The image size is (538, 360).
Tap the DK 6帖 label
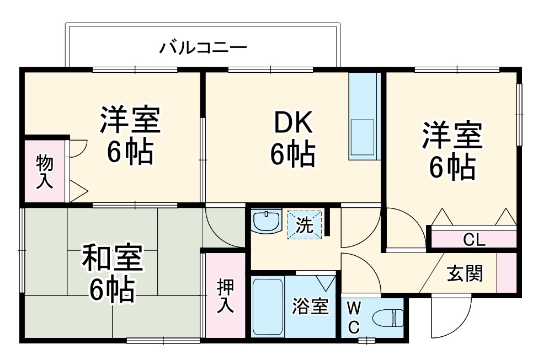292,141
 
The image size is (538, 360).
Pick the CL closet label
473,240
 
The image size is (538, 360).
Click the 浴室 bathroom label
311,307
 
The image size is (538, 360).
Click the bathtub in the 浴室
268,307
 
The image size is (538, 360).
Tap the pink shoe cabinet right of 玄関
506,273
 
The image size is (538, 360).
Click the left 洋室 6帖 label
130,135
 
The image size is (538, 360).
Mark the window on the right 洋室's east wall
519,115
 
